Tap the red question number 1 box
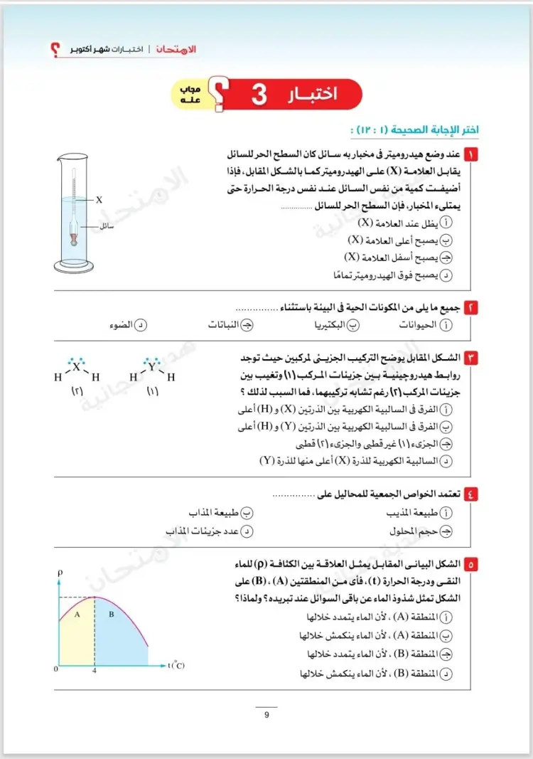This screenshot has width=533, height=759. coord(470,154)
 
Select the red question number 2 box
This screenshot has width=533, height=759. coord(470,307)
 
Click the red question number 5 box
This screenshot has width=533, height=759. coord(470,564)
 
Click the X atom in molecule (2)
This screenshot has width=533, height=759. coord(77,367)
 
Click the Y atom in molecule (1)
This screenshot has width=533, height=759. coord(151,367)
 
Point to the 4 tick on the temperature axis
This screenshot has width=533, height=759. coord(95,670)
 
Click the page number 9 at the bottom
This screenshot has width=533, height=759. coord(266,715)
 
